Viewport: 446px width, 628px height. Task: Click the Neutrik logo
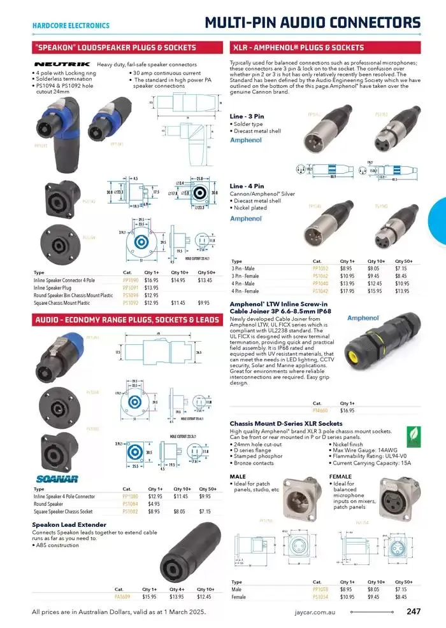62,64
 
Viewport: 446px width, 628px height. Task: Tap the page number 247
413,612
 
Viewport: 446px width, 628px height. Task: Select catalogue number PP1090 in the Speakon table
131,280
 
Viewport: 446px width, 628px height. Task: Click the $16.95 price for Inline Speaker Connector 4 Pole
151,280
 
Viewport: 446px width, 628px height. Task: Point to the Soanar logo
57,478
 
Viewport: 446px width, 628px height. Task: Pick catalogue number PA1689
122,597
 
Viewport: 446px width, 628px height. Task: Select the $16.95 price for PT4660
347,411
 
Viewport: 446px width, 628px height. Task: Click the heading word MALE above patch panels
238,476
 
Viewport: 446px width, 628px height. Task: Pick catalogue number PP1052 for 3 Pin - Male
320,269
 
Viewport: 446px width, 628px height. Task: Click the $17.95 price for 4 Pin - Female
347,291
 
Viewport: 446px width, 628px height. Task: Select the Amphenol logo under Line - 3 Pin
245,139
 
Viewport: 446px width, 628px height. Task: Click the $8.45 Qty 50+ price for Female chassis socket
401,597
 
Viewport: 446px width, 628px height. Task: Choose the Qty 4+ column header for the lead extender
176,589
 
